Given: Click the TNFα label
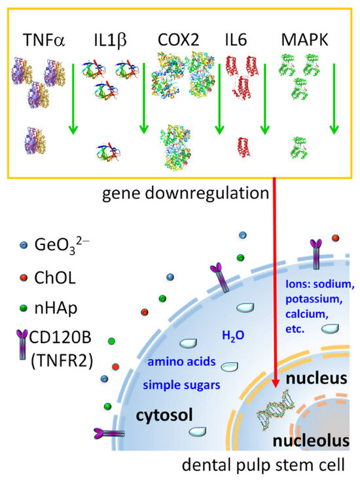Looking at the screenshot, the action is (x=44, y=40).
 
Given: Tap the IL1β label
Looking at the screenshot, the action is (x=110, y=41).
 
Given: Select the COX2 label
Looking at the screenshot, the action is (x=178, y=40).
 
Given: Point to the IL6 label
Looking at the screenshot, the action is (x=236, y=40).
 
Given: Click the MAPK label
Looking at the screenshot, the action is (x=305, y=40).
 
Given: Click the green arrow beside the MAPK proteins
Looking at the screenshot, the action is (x=334, y=99).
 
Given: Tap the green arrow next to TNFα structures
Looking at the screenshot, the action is (x=73, y=99).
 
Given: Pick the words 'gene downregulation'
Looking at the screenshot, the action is (x=185, y=193).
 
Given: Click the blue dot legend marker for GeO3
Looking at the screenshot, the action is (x=24, y=246).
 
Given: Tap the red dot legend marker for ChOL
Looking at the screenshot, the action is (x=24, y=278).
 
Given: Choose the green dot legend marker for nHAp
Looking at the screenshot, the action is (x=24, y=308).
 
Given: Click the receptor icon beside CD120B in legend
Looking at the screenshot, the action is (x=22, y=344).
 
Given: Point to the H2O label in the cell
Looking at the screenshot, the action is (x=233, y=335).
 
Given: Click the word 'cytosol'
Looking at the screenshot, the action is (x=164, y=415).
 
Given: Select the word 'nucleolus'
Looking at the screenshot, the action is (x=311, y=441).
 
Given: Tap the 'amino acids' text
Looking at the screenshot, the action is (x=181, y=361).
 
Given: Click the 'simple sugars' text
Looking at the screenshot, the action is (x=181, y=384).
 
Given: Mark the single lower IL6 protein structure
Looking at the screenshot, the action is (x=243, y=147).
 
